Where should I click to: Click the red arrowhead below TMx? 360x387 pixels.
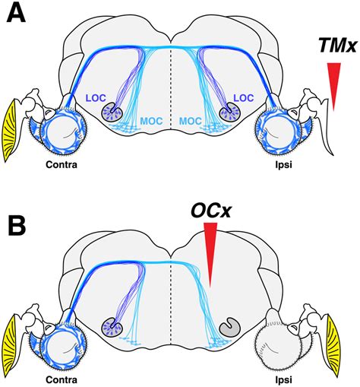(332, 84)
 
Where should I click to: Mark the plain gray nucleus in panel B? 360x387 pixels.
(228, 327)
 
